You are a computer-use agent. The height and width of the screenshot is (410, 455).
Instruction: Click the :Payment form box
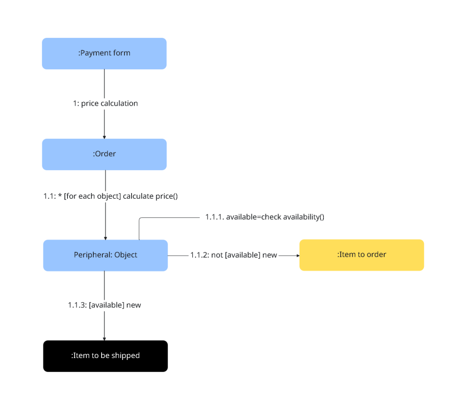coord(104,53)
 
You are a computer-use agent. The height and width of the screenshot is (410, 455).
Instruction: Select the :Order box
coord(104,154)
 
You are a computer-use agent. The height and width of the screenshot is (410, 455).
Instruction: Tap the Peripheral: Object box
coord(105,255)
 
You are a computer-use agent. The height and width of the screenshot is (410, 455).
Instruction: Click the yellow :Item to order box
coord(361,255)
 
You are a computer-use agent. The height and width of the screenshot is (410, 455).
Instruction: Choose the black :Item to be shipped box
coord(105,356)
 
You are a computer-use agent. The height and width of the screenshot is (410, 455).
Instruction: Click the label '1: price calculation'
coord(105,103)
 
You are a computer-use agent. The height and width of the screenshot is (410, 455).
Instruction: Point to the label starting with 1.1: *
coord(110,196)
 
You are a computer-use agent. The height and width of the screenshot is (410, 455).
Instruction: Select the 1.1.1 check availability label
coord(265,217)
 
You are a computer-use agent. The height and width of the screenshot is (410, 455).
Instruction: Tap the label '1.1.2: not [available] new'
coord(234,255)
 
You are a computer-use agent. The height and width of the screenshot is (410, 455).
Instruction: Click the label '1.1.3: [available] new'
coord(104,305)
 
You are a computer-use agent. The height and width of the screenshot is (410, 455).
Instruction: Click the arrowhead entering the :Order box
coord(104,137)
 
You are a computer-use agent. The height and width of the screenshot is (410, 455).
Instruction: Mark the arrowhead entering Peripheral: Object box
coord(105,238)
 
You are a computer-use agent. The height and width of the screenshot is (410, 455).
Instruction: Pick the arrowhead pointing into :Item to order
coord(298,256)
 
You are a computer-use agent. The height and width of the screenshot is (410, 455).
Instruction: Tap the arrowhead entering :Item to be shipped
coord(104,339)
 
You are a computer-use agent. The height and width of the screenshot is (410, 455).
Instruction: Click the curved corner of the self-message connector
coord(140,219)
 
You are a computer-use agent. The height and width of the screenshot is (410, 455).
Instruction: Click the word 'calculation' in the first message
coord(119,103)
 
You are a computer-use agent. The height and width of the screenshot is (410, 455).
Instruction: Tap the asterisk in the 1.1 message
coord(60,196)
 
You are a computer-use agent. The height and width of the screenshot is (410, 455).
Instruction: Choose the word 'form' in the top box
coord(122,53)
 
